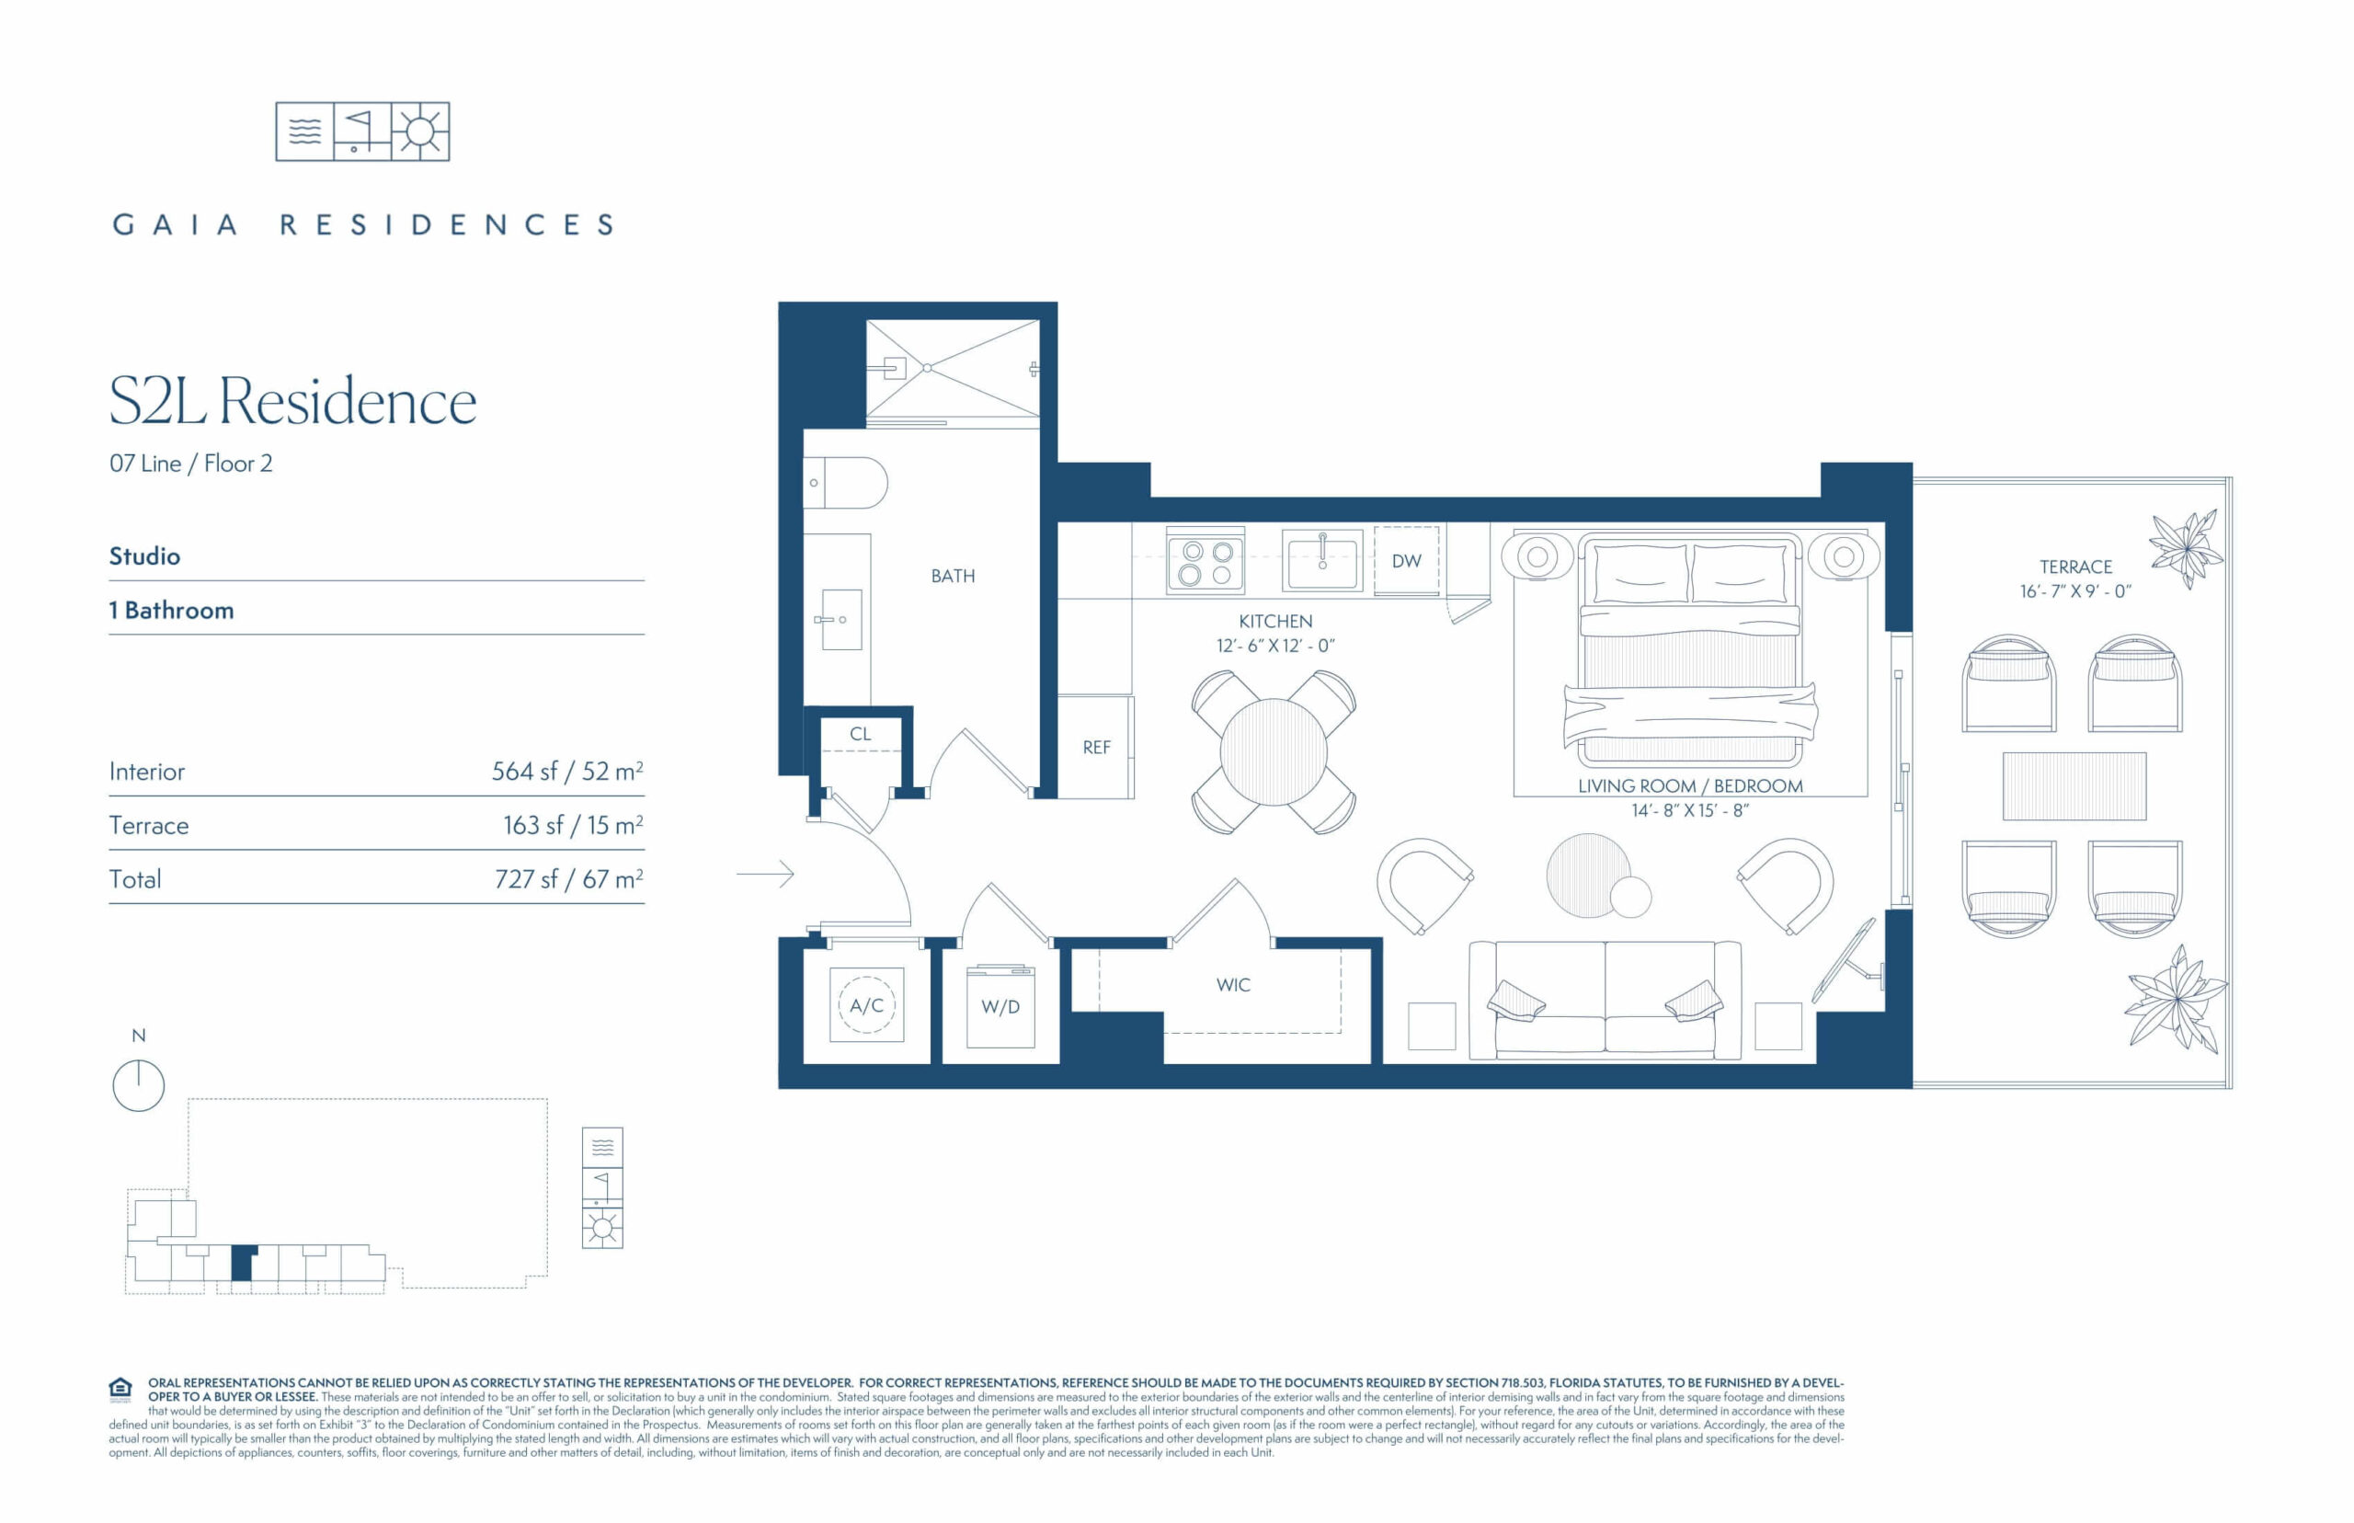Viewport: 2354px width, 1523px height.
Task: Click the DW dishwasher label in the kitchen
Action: point(1406,561)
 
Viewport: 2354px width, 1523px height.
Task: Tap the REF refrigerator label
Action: point(1096,748)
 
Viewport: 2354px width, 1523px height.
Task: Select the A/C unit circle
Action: point(866,1005)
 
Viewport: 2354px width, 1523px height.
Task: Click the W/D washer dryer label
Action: point(1000,1007)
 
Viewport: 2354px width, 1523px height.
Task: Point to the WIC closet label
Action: point(1233,985)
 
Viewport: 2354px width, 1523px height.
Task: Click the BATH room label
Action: point(952,576)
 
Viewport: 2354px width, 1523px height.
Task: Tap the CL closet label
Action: point(860,734)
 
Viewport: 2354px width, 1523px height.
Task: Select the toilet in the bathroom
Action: point(845,483)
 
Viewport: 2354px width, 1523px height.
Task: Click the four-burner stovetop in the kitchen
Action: point(1206,562)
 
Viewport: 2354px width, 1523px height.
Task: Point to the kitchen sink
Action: point(1322,560)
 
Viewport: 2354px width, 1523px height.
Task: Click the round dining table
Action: point(1274,752)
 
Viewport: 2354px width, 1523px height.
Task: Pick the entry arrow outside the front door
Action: point(765,875)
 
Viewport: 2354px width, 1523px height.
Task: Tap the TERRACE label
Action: point(2075,567)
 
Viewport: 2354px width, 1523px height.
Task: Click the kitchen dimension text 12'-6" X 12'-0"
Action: point(1275,646)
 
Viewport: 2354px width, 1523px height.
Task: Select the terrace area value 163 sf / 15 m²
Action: point(574,824)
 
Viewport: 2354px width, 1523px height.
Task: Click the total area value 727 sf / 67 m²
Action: point(569,878)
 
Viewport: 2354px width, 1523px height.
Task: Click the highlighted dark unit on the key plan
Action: point(242,1264)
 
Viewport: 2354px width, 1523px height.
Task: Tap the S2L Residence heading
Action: point(292,402)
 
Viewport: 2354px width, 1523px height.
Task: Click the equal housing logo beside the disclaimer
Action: point(120,1390)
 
